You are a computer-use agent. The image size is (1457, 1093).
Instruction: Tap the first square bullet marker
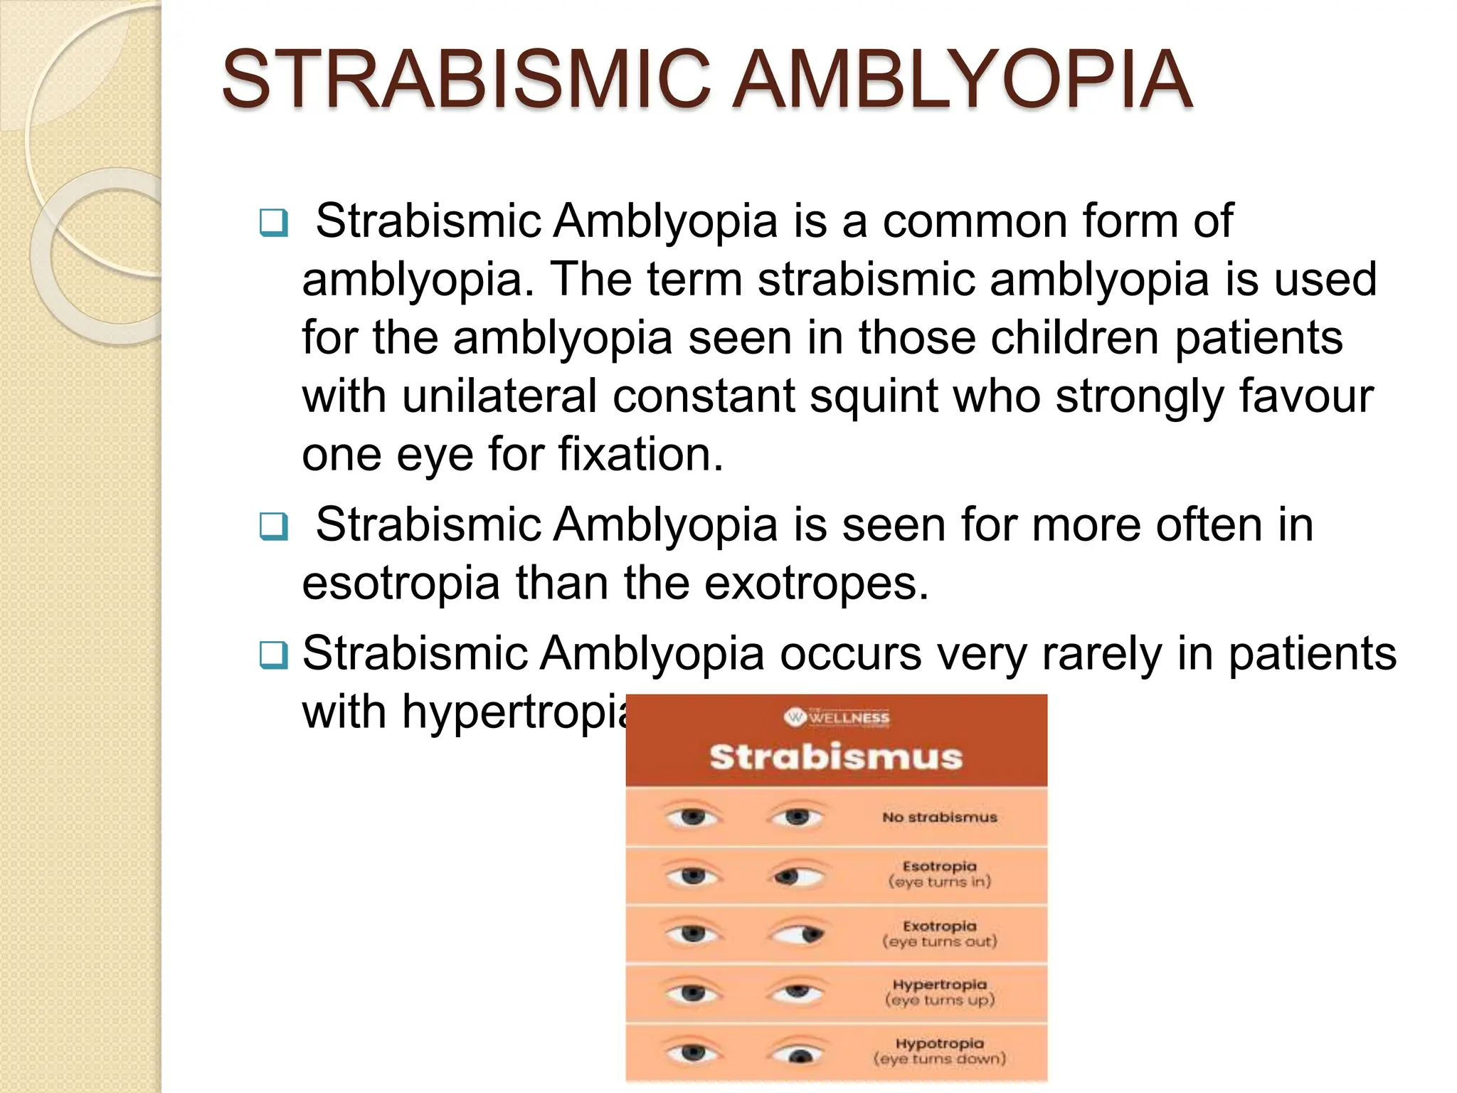pyautogui.click(x=274, y=223)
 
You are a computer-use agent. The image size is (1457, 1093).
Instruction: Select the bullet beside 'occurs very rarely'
pyautogui.click(x=274, y=655)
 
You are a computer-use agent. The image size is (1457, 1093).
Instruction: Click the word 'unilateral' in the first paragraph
pyautogui.click(x=499, y=396)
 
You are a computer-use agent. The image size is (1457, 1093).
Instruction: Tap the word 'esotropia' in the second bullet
pyautogui.click(x=401, y=584)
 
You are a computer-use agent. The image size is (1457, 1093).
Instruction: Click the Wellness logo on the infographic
pyautogui.click(x=837, y=717)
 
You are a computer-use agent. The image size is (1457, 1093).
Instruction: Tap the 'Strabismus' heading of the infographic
pyautogui.click(x=836, y=756)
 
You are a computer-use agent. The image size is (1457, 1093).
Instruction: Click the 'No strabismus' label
pyautogui.click(x=939, y=818)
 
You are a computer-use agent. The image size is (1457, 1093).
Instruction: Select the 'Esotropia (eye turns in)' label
pyautogui.click(x=939, y=874)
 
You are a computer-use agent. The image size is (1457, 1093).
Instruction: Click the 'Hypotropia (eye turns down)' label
pyautogui.click(x=939, y=1051)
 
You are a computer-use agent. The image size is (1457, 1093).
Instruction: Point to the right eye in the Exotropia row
pyautogui.click(x=798, y=934)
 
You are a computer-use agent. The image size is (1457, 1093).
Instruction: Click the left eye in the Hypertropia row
pyautogui.click(x=692, y=992)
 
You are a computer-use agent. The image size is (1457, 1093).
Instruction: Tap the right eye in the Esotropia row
pyautogui.click(x=798, y=875)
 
